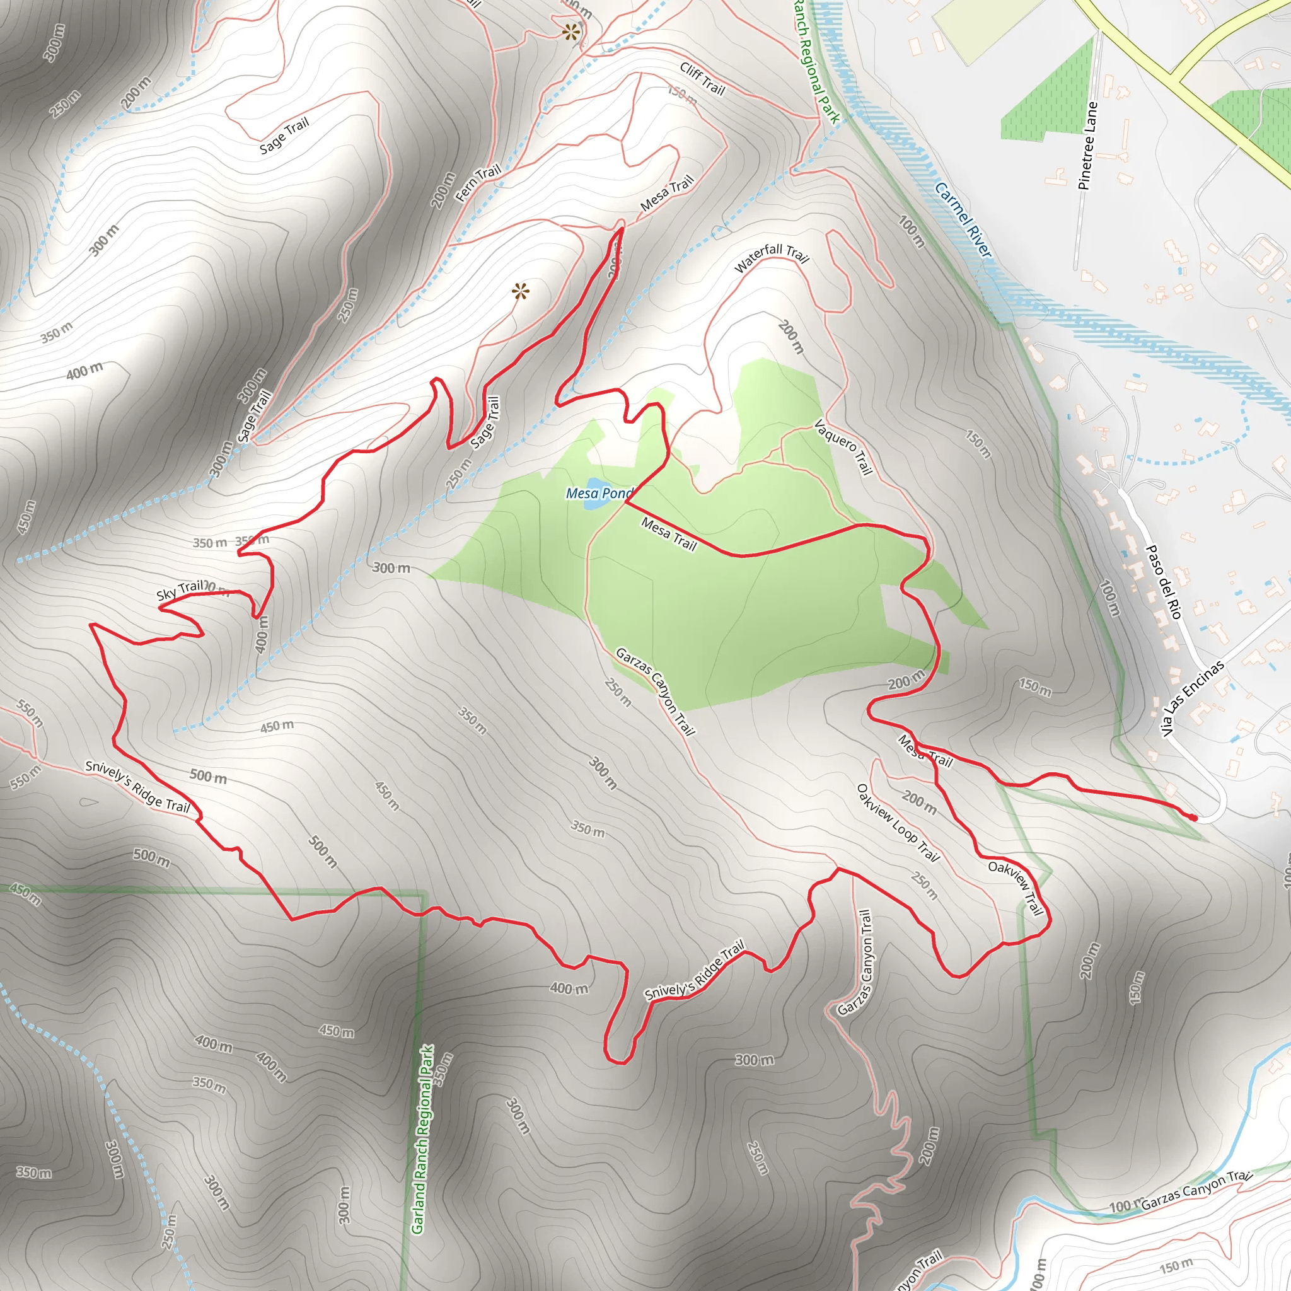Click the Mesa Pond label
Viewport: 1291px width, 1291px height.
(599, 494)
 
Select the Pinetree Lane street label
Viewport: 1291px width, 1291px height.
(1088, 146)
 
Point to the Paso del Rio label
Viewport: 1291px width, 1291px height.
(1164, 581)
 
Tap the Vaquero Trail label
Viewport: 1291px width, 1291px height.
(844, 447)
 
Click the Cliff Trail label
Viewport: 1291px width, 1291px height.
(702, 78)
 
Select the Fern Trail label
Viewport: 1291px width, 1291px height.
(478, 182)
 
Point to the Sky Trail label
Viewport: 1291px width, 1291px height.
(180, 590)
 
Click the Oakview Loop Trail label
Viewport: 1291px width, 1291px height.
(898, 823)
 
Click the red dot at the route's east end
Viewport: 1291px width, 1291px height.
(1193, 816)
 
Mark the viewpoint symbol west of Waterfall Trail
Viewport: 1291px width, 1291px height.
(521, 291)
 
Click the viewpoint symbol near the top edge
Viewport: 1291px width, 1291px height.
(570, 32)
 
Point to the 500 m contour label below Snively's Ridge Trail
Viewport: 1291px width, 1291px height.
(152, 857)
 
